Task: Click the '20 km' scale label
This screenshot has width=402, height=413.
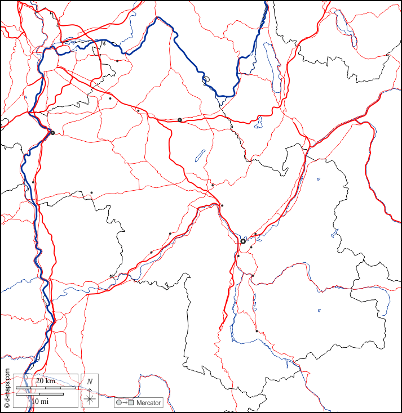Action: [45, 381]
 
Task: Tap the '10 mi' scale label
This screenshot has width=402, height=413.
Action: [39, 401]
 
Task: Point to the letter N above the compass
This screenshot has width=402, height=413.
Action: [90, 381]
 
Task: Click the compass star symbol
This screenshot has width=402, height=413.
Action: [90, 399]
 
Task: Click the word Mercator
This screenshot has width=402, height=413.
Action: [148, 403]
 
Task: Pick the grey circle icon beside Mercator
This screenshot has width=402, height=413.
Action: [118, 403]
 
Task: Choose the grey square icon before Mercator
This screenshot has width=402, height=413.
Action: [131, 403]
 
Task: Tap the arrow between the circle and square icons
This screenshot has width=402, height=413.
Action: [125, 403]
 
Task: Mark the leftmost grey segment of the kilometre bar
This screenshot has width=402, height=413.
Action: [23, 388]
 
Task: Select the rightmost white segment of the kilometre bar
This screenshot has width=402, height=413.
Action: [68, 388]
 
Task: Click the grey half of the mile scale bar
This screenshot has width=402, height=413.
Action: [28, 394]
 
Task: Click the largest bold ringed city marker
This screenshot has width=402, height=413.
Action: [243, 241]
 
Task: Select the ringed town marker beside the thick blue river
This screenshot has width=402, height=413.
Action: [52, 133]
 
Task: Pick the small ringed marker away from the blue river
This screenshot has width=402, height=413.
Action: [180, 120]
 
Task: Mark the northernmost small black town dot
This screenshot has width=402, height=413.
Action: [117, 61]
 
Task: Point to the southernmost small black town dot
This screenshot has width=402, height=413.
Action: [257, 331]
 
